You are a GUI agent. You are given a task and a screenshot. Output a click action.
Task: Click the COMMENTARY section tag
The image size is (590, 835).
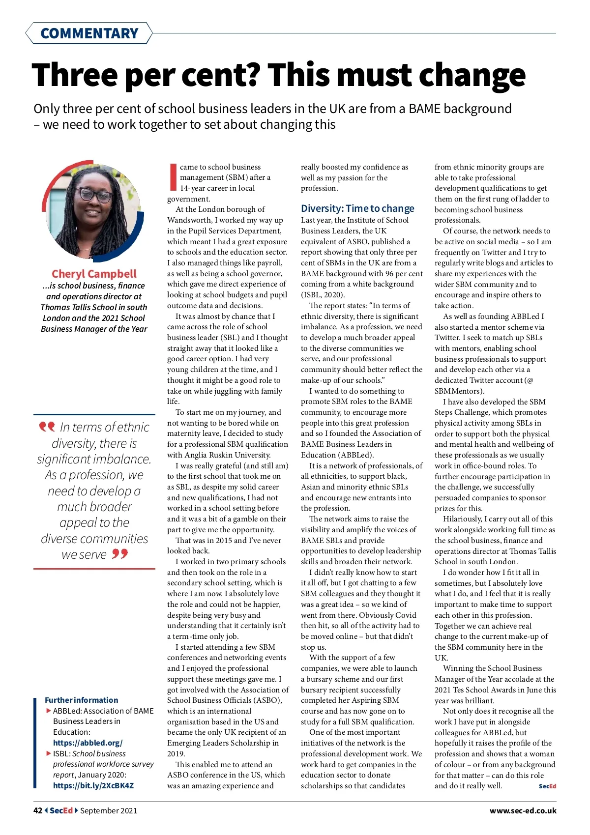tap(89, 33)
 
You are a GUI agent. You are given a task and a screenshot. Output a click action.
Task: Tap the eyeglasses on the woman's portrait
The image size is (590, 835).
tap(96, 195)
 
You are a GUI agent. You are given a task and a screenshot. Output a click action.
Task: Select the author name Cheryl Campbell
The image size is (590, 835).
tap(94, 274)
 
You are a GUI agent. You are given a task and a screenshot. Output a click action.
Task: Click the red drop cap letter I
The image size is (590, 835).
tap(173, 177)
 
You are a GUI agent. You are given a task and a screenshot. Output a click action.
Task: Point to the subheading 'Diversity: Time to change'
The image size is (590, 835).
tap(357, 208)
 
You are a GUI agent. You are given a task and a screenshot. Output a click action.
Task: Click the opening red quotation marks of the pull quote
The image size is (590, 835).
tap(47, 426)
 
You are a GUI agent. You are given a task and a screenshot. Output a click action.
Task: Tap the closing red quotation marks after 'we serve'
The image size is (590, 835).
tap(119, 554)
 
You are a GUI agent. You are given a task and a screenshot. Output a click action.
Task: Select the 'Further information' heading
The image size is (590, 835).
tap(81, 700)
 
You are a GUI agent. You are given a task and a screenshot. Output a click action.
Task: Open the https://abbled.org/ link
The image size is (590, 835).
tap(88, 743)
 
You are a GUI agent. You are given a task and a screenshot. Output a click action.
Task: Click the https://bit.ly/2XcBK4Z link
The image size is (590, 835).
tap(93, 785)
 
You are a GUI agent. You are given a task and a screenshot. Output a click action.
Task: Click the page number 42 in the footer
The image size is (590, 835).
tap(38, 810)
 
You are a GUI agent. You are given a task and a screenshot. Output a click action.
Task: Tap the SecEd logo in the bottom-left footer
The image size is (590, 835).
tap(61, 810)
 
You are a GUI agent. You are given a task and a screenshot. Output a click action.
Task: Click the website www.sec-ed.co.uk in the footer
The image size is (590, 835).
tap(523, 810)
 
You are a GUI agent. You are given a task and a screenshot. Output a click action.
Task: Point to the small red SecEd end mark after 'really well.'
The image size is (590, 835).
tap(547, 786)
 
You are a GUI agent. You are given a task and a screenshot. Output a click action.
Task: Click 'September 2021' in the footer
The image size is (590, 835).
tap(109, 810)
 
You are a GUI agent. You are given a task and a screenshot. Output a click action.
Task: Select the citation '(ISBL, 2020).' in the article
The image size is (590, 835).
tap(323, 295)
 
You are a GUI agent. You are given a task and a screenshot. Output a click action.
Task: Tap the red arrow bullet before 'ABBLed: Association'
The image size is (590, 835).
tap(48, 711)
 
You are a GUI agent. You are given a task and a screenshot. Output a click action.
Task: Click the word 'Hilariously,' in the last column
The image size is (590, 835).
tap(462, 519)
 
